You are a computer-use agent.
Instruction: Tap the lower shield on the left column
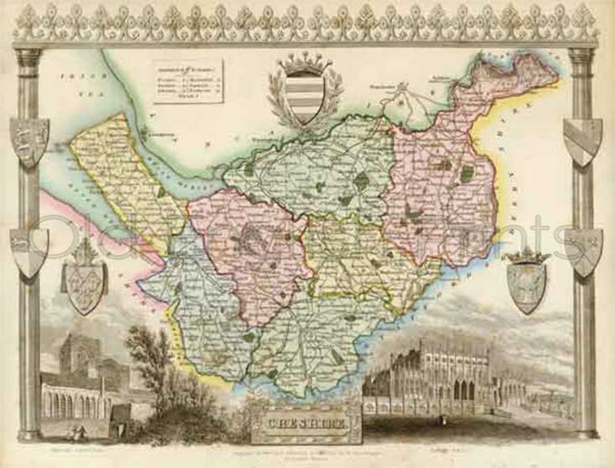28,253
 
